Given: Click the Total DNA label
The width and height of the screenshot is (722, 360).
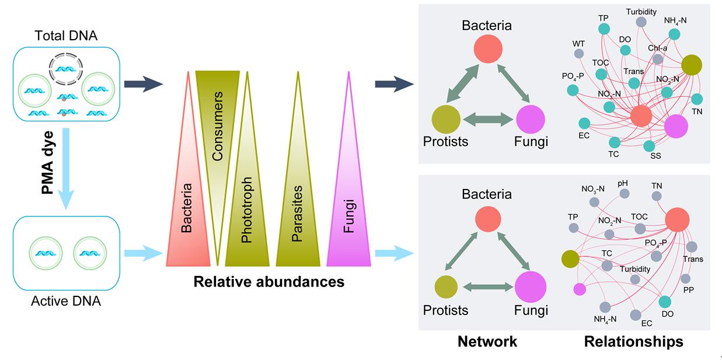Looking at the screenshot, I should click(66, 36).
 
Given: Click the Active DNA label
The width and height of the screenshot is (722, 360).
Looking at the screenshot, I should click(66, 301).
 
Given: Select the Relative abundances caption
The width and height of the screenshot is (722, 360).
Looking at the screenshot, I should click(268, 282).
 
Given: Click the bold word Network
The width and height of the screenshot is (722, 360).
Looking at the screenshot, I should click(487, 341).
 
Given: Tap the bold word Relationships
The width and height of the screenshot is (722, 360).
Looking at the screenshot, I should click(633, 341).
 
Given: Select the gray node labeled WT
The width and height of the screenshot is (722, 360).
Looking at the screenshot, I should click(579, 54).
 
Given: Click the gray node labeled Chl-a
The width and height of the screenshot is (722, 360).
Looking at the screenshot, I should click(658, 59).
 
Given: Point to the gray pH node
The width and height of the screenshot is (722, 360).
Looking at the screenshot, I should click(624, 193).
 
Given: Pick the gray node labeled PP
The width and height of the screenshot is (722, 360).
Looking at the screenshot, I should click(685, 278).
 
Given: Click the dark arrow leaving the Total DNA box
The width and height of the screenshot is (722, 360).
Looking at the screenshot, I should click(144, 84).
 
